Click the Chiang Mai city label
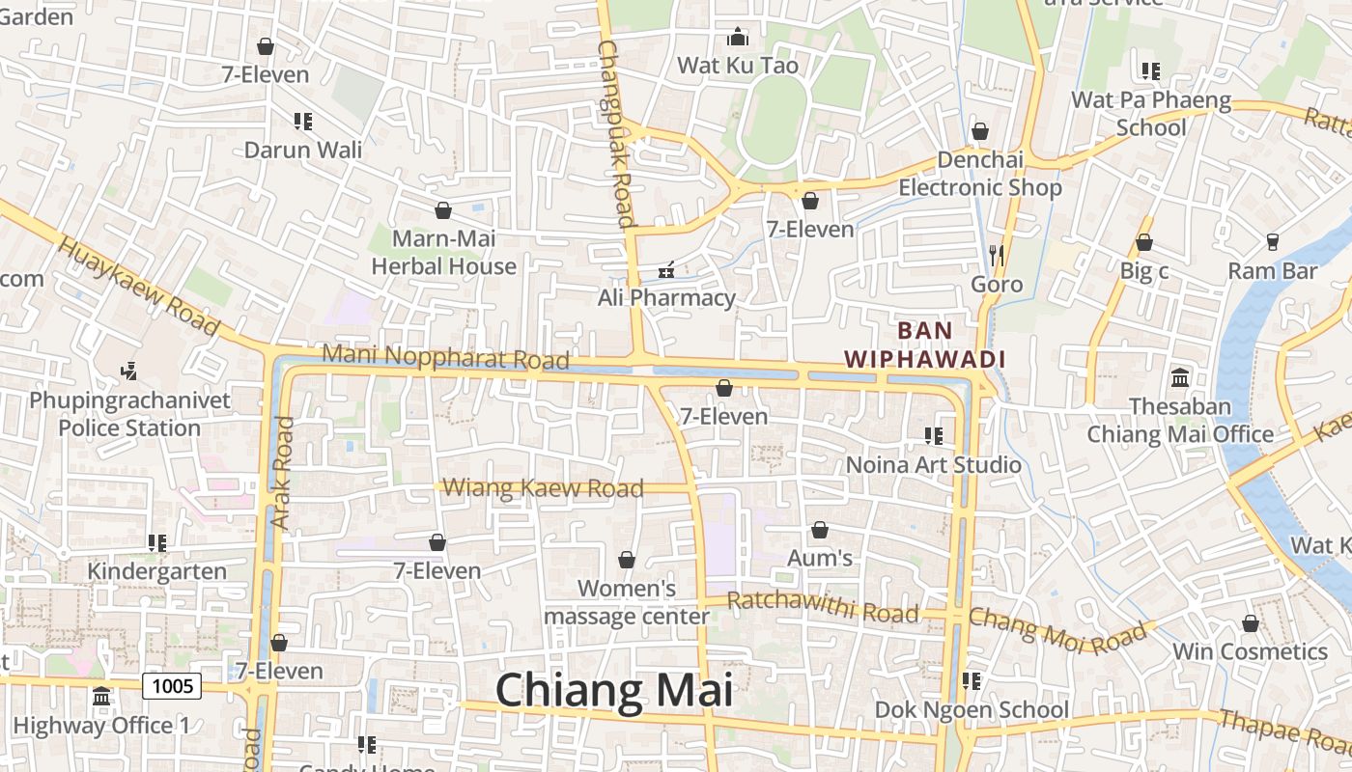[x=614, y=691]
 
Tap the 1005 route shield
[x=172, y=686]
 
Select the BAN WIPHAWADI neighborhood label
[x=925, y=345]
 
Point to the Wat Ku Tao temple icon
[x=738, y=38]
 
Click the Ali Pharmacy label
[x=666, y=297]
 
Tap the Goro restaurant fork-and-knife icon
[x=997, y=256]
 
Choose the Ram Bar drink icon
[x=1272, y=242]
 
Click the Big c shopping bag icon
[x=1144, y=242]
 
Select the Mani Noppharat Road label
[x=445, y=356]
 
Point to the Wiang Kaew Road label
[x=543, y=487]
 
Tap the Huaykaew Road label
[x=138, y=286]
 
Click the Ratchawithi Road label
[x=822, y=607]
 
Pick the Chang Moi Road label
[x=1061, y=628]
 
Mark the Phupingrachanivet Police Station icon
[x=128, y=371]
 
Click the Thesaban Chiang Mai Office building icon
[x=1179, y=377]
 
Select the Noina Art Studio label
[x=933, y=464]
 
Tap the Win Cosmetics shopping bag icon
[x=1251, y=623]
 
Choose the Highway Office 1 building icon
[x=101, y=696]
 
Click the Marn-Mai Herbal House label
[x=444, y=252]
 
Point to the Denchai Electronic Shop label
[x=980, y=174]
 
